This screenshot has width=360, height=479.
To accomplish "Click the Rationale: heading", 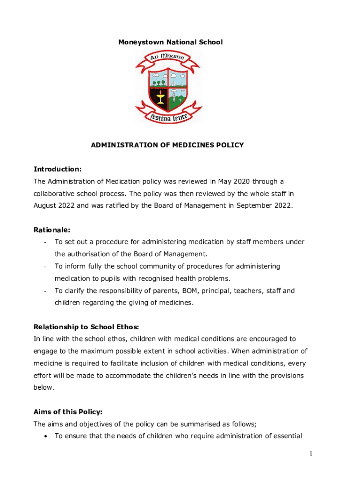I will point(52,230).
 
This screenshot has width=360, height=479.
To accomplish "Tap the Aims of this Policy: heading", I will point(68,412).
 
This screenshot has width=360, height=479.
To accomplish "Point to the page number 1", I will point(310,454).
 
